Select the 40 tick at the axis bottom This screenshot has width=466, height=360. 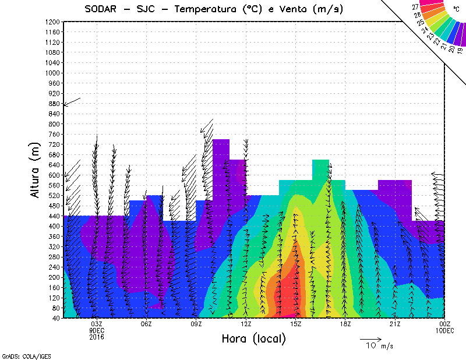(x=56, y=317)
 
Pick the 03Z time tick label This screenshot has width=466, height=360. (x=96, y=323)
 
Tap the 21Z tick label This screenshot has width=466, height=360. (x=395, y=323)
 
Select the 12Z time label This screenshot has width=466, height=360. (x=246, y=323)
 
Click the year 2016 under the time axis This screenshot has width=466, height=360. (x=96, y=336)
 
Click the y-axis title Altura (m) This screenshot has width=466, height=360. (x=37, y=169)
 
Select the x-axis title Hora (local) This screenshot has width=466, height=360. (x=253, y=339)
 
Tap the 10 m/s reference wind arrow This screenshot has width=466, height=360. (x=370, y=338)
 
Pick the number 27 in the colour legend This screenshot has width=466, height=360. (x=415, y=8)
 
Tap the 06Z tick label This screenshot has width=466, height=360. (x=146, y=323)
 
